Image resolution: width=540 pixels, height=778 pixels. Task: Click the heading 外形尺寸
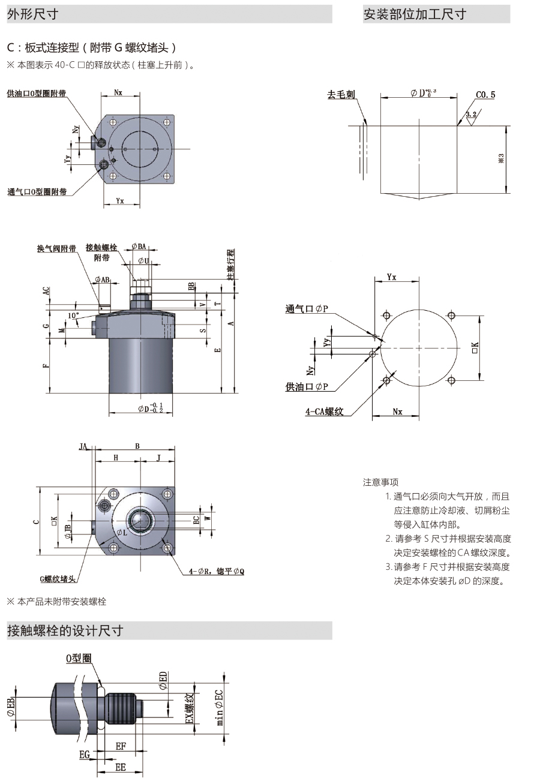coord(32,14)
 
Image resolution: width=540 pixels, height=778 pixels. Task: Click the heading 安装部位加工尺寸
coord(415,14)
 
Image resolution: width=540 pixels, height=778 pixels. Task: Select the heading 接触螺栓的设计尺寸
coord(65,630)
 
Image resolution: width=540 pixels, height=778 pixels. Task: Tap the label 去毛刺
coord(341,95)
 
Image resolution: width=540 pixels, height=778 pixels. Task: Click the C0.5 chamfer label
coord(485,95)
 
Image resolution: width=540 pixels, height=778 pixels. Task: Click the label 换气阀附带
coord(56,248)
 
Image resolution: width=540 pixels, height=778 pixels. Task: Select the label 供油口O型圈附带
coord(36,94)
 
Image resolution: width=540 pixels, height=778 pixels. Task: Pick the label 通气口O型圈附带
coord(37,192)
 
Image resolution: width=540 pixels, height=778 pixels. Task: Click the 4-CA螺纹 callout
coord(323,411)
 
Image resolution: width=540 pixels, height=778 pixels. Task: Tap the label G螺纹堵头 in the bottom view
coord(58,579)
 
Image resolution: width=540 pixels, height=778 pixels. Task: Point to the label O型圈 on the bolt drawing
coord(78,658)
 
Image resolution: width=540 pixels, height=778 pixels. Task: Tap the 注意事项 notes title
coord(380,482)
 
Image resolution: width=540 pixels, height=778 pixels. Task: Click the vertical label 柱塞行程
coord(232,264)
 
